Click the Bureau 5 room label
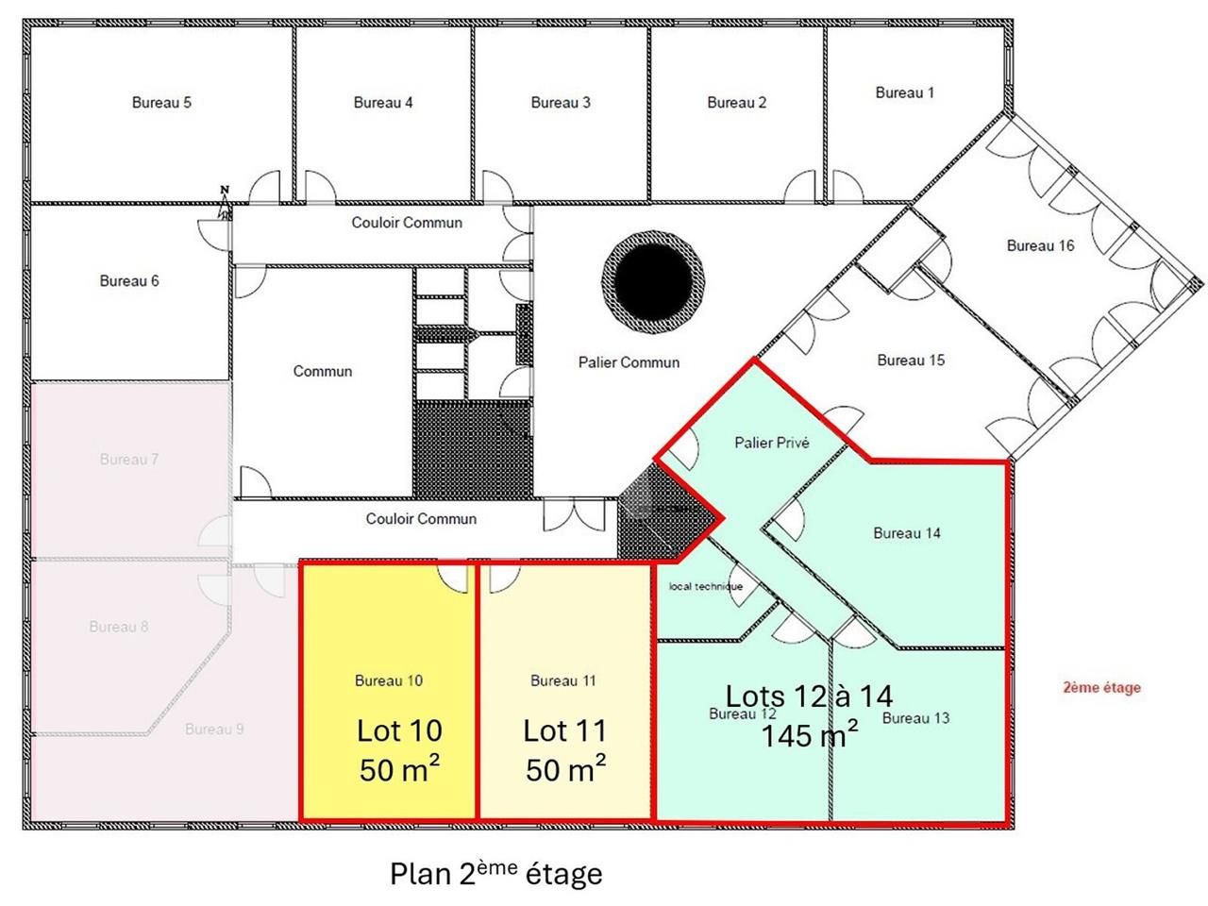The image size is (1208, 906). [161, 103]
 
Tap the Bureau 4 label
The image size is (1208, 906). [383, 103]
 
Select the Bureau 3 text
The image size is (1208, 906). [561, 103]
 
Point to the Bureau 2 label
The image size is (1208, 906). [737, 103]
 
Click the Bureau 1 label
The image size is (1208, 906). [904, 92]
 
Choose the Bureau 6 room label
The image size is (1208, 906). [129, 281]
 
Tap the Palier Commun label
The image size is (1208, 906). [629, 362]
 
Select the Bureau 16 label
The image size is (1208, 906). [1040, 246]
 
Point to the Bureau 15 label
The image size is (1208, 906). [911, 361]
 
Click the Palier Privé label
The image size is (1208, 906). [772, 443]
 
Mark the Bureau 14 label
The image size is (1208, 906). [906, 533]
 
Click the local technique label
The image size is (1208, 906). [706, 586]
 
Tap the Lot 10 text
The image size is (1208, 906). [399, 730]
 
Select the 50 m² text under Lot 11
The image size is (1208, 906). [565, 770]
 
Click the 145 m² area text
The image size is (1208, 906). [810, 734]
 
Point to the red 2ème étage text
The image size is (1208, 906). [1101, 687]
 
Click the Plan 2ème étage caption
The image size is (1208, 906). [495, 873]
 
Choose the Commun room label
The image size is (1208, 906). [323, 372]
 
